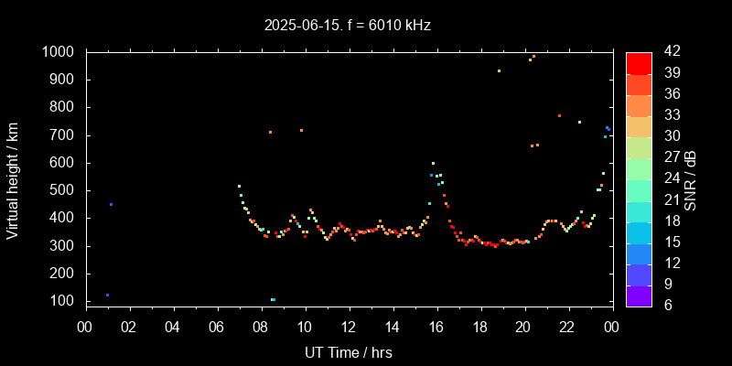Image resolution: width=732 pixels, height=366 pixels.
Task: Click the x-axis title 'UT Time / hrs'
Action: point(349,352)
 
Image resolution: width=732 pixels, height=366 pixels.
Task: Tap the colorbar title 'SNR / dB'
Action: point(691,179)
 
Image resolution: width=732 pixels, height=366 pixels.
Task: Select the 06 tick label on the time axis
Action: point(217,327)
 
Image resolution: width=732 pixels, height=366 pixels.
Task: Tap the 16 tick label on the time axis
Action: point(436,327)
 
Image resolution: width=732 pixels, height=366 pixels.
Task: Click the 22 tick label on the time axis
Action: point(567,327)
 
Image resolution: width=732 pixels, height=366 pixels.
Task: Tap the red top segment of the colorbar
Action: point(639,62)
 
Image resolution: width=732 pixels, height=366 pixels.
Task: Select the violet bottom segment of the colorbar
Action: point(639,296)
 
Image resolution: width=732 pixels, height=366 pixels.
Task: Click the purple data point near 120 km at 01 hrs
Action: point(107,295)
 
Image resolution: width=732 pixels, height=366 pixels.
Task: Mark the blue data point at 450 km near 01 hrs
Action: point(111,204)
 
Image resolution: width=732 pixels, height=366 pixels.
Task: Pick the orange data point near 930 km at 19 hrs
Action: point(499,70)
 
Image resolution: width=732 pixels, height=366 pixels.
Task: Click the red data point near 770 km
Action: point(559,115)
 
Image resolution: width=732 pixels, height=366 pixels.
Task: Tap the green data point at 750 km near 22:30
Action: point(579,122)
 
